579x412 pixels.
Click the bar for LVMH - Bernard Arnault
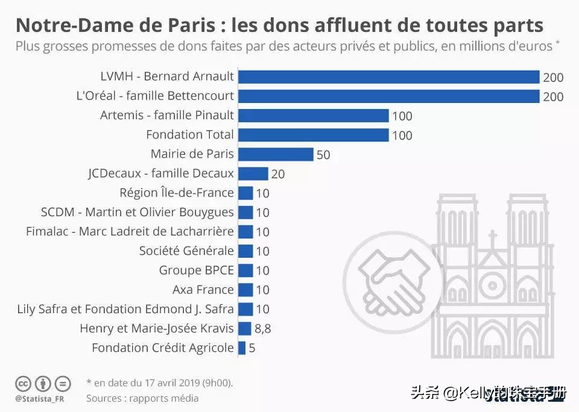[388, 76]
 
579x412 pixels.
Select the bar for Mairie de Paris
[276, 154]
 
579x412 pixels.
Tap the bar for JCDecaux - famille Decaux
[253, 173]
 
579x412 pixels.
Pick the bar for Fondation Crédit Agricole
[242, 348]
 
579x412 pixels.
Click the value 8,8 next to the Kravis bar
[263, 329]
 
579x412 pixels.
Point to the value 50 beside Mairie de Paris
[323, 155]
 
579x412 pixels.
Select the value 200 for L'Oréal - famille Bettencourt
[553, 96]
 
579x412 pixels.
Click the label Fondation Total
[190, 134]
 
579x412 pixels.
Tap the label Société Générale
[186, 251]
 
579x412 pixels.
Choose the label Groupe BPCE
[196, 270]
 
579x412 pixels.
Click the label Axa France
[203, 289]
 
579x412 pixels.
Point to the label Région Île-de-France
[177, 193]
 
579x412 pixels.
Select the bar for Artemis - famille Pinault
[313, 115]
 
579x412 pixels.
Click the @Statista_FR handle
[41, 399]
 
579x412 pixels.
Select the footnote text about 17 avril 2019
[159, 382]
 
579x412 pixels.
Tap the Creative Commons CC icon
[23, 383]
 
